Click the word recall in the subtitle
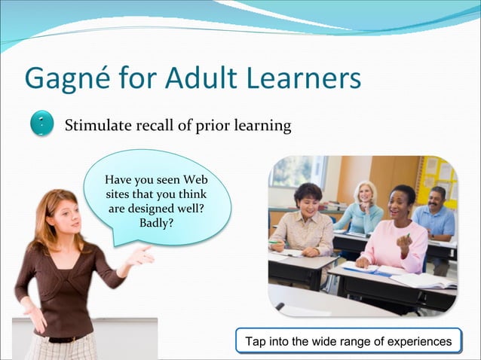pos(166,126)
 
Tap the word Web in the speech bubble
pos(192,181)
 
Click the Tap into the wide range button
pos(348,342)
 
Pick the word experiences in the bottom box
pos(416,342)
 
